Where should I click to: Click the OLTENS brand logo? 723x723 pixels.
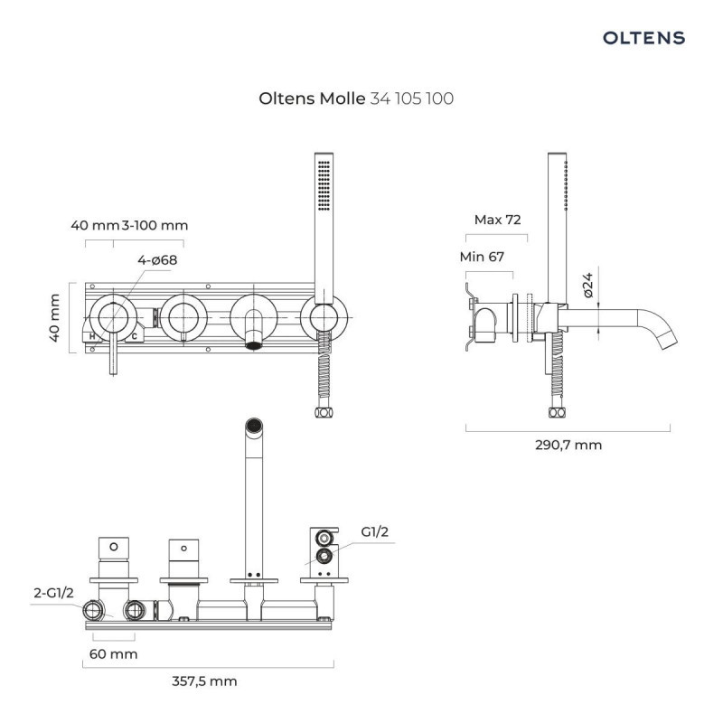[643, 38]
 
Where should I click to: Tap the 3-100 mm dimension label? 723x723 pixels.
[155, 225]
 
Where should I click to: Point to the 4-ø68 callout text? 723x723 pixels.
[157, 260]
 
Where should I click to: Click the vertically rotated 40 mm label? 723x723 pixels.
[55, 318]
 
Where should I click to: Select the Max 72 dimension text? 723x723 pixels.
[498, 220]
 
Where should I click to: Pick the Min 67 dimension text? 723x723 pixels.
[482, 257]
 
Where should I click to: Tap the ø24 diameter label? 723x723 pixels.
[587, 286]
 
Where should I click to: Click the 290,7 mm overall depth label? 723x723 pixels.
[568, 445]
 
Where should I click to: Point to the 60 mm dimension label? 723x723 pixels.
[113, 653]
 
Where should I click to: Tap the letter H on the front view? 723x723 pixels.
[92, 336]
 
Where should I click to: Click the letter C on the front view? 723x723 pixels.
[134, 336]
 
